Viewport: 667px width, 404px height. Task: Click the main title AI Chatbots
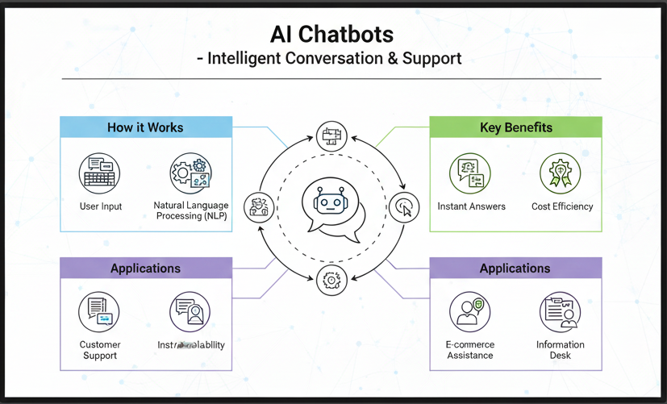point(332,34)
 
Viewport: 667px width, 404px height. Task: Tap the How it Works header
point(145,127)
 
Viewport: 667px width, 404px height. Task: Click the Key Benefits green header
point(515,127)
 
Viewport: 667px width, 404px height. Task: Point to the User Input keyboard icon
point(100,172)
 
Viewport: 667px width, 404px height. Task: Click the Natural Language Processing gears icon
point(190,173)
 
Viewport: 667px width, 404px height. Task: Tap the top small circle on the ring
point(331,136)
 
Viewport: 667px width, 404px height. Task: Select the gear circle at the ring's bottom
point(331,280)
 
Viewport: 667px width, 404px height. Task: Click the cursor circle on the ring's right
point(405,207)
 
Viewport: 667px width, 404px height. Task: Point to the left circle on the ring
point(259,207)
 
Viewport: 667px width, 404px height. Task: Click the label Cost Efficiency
point(562,206)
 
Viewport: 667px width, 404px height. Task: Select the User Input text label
point(101,206)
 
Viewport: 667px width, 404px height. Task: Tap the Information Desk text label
point(561,350)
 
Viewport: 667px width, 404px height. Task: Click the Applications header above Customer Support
point(145,269)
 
